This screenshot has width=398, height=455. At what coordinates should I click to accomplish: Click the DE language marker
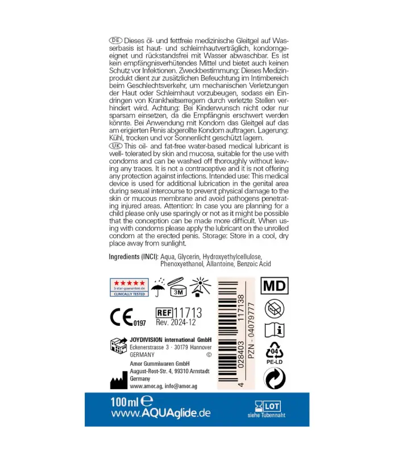pyautogui.click(x=115, y=41)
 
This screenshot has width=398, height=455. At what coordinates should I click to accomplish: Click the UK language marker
pyautogui.click(x=115, y=146)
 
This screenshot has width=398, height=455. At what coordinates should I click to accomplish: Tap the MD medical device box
pyautogui.click(x=275, y=285)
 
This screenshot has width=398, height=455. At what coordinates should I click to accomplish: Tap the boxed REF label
pyautogui.click(x=164, y=312)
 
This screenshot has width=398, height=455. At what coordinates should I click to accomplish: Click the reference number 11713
pyautogui.click(x=188, y=312)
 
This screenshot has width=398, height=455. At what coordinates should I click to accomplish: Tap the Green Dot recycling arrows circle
pyautogui.click(x=276, y=378)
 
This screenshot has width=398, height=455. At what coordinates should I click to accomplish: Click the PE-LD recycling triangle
pyautogui.click(x=276, y=353)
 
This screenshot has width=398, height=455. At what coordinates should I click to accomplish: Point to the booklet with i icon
pyautogui.click(x=276, y=330)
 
